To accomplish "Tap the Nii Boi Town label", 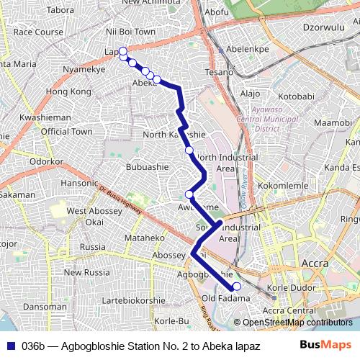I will pos(130,32).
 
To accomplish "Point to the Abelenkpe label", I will pos(247,49).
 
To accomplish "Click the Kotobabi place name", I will pos(296,96).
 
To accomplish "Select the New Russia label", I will pos(86,272).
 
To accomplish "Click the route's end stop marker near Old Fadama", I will pos(237,287).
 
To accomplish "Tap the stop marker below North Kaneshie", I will pos(189,150).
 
